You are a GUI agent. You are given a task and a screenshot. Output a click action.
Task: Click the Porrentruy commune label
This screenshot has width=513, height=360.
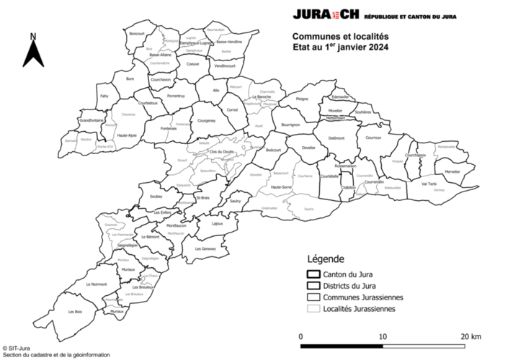(176, 96)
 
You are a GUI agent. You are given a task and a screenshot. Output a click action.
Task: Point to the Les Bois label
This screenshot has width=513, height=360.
(75, 311)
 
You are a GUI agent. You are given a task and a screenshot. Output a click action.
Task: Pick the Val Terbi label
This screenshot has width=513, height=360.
(429, 184)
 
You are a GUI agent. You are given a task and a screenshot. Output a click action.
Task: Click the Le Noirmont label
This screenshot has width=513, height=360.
(96, 285)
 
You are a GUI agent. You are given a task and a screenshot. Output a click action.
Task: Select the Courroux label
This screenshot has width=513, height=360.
(373, 136)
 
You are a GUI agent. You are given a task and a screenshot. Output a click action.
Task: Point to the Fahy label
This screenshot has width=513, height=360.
(104, 96)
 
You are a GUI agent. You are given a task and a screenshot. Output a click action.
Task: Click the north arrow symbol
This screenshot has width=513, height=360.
(33, 55)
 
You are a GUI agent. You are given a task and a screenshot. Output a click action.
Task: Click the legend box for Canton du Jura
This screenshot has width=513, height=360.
(313, 274)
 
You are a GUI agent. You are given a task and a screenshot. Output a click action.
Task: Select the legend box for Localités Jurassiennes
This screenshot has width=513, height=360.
(313, 309)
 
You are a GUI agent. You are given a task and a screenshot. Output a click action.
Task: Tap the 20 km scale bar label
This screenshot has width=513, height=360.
(471, 336)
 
